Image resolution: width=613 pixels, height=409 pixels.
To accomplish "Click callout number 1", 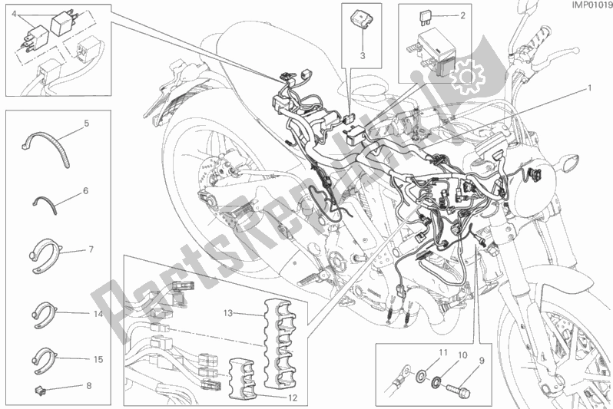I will coord(590,88).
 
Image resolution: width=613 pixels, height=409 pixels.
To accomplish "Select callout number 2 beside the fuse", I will coord(462,16).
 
